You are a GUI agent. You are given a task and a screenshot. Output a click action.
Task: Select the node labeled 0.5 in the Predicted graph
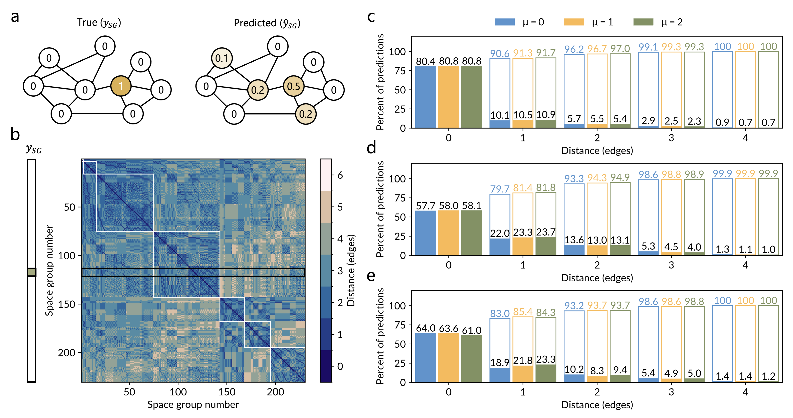click(x=293, y=86)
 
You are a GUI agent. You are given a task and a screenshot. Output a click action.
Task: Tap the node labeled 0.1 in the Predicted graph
click(x=221, y=58)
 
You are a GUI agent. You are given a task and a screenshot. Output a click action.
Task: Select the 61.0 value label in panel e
click(x=472, y=330)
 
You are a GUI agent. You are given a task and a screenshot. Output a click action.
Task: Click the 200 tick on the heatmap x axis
click(x=275, y=392)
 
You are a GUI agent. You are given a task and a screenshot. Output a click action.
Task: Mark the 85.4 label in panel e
click(x=523, y=312)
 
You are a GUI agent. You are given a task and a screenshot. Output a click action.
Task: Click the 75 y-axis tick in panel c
click(x=400, y=71)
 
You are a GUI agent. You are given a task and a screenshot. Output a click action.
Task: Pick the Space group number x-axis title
click(x=193, y=405)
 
